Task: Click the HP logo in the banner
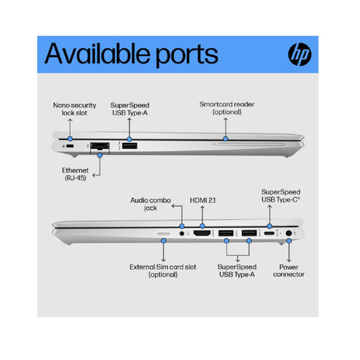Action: tap(300, 54)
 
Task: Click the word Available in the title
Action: tap(98, 53)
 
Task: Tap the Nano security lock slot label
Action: tap(74, 109)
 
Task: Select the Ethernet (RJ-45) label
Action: tap(76, 174)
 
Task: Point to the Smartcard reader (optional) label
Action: tap(227, 108)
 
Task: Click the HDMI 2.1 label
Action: tap(203, 200)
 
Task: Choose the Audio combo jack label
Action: tap(151, 204)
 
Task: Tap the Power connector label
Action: tap(289, 271)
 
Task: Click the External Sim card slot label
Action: tap(163, 271)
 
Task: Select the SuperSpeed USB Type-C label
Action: tap(281, 196)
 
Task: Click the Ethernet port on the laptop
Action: tap(100, 146)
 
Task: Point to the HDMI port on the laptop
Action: tap(202, 233)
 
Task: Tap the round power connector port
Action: tap(289, 233)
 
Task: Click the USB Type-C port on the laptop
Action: tap(269, 233)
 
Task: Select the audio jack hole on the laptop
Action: tap(182, 234)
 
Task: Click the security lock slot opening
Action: tap(70, 146)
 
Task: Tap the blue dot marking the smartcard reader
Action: tap(226, 139)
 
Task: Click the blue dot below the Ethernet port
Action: tap(100, 155)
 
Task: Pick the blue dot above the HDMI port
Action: tap(202, 226)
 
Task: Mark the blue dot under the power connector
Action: tap(289, 241)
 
